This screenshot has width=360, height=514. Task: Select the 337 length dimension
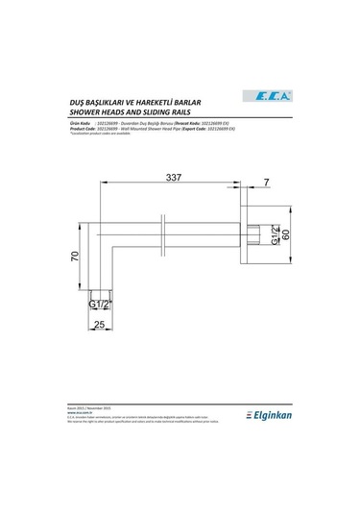[x=173, y=179]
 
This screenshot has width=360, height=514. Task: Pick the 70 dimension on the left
[x=74, y=257]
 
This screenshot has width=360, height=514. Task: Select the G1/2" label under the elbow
[x=100, y=305]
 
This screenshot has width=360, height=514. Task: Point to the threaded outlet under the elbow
[x=100, y=290]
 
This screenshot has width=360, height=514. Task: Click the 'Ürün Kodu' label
[x=81, y=123]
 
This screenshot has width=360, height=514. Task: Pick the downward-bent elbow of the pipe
[x=100, y=235]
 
